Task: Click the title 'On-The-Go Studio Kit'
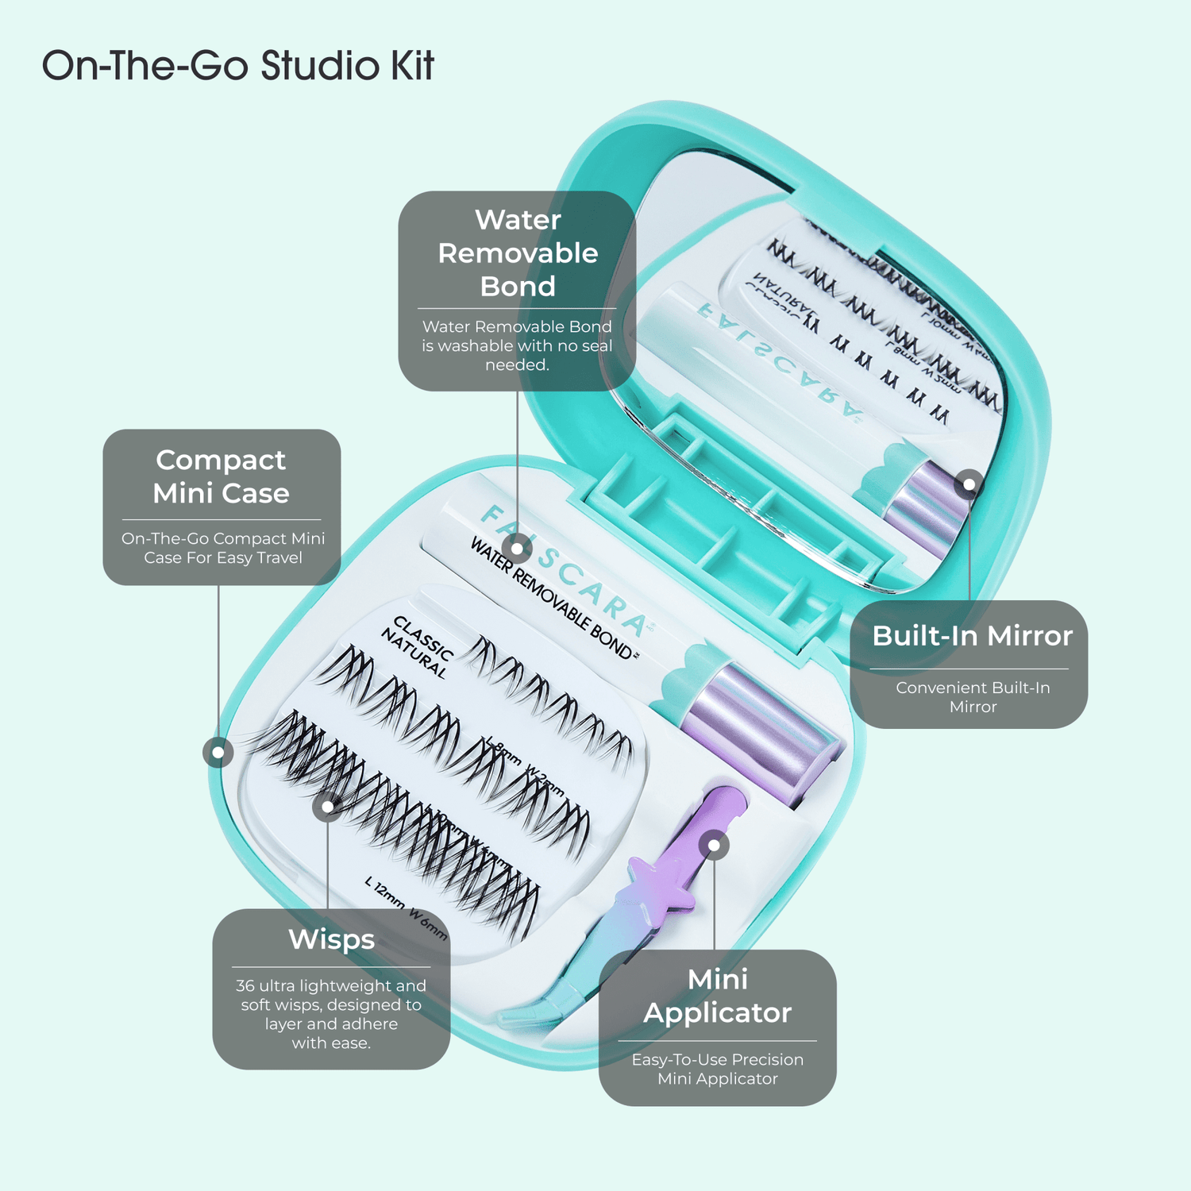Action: [x=237, y=66]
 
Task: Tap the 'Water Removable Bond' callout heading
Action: [x=518, y=253]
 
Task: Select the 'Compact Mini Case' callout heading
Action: [x=222, y=476]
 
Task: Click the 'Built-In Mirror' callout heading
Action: [x=972, y=636]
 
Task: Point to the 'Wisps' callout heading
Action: [x=331, y=939]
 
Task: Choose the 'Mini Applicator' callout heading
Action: [x=718, y=996]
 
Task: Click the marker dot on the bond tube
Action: [x=517, y=548]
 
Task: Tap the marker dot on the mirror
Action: [x=969, y=484]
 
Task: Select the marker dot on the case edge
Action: [x=218, y=751]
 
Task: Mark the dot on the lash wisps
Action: [x=327, y=807]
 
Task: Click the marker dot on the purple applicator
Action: [x=715, y=846]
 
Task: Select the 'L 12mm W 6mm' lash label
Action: [x=406, y=908]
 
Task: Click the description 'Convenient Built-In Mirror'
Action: [x=972, y=697]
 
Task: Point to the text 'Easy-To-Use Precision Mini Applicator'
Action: [x=718, y=1069]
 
